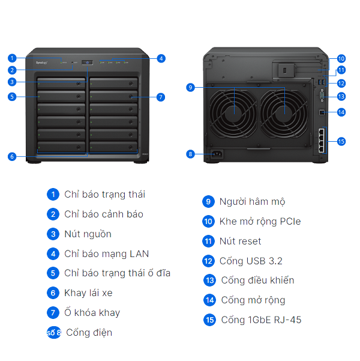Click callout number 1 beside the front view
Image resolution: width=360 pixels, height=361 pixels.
(x=11, y=58)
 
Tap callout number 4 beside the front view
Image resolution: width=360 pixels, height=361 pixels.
(x=161, y=58)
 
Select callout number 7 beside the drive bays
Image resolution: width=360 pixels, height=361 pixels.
(x=160, y=97)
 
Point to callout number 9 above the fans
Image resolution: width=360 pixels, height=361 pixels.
(x=190, y=87)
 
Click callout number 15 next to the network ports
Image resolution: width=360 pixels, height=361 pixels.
(x=341, y=142)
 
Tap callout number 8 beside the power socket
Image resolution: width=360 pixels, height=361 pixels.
(x=190, y=154)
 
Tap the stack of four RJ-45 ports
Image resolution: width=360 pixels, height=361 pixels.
(x=322, y=142)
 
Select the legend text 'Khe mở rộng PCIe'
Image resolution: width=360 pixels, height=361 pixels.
(x=260, y=221)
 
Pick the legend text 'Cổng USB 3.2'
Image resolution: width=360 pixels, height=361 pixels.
(x=251, y=261)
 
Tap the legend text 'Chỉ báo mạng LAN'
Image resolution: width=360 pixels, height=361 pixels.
(x=106, y=254)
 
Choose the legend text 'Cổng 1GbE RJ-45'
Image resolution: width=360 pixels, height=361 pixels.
(x=261, y=320)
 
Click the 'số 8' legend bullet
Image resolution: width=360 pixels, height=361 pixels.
(x=54, y=332)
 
